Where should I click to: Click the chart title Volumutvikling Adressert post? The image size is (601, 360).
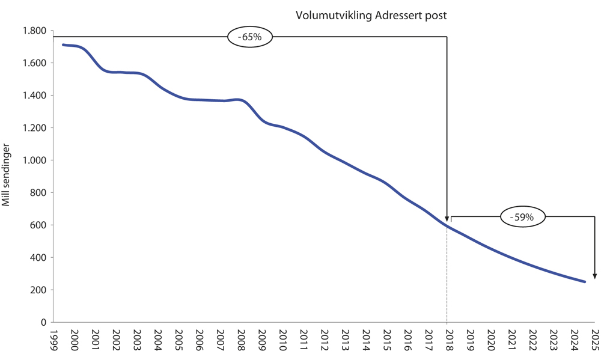(371, 15)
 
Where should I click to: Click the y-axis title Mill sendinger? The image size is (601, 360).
(7, 174)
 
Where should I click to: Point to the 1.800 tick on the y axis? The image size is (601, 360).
(35, 31)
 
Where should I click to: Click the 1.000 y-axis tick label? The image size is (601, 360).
(35, 160)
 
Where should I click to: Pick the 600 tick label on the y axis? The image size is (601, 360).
(39, 225)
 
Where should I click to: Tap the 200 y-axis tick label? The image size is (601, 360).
(39, 290)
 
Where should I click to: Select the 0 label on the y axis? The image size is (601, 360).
(44, 323)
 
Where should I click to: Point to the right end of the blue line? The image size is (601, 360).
(585, 281)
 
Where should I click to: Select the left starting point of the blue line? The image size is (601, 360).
(63, 44)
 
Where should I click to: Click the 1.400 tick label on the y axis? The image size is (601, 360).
(35, 96)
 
